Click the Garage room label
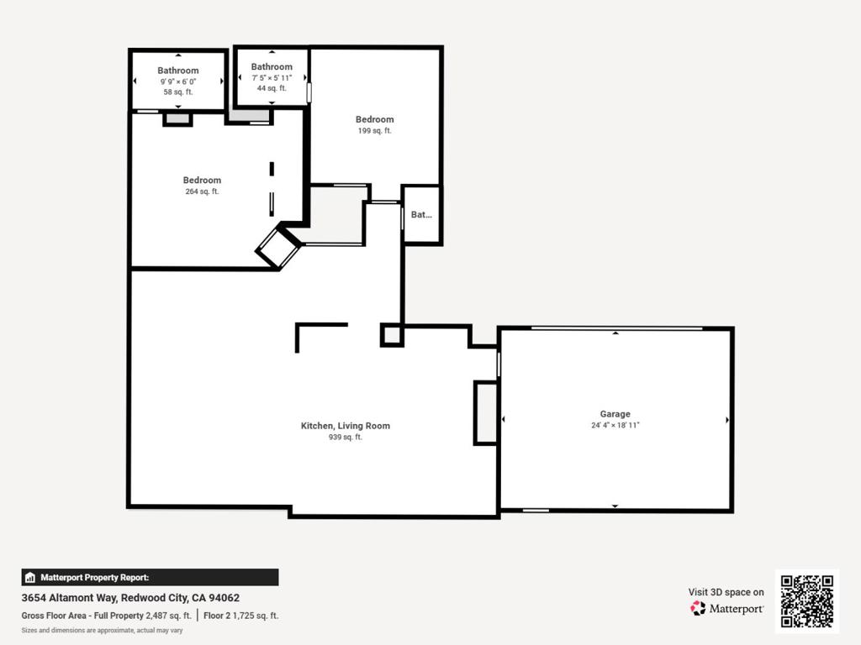point(615,414)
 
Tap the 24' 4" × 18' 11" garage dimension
point(615,426)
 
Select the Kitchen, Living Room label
point(345,426)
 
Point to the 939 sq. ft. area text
point(345,438)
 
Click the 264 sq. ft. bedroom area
point(202,191)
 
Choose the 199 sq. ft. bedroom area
point(374,131)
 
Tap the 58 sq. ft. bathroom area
point(178,92)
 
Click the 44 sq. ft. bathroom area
point(272,87)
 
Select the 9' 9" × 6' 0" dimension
point(178,81)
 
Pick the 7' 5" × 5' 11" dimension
point(272,77)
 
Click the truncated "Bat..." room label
point(421,215)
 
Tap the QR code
point(806,601)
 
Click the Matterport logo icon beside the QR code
point(699,608)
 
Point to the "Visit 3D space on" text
point(726,592)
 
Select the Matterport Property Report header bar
point(150,577)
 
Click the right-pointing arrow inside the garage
point(727,419)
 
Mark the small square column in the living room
point(391,336)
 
